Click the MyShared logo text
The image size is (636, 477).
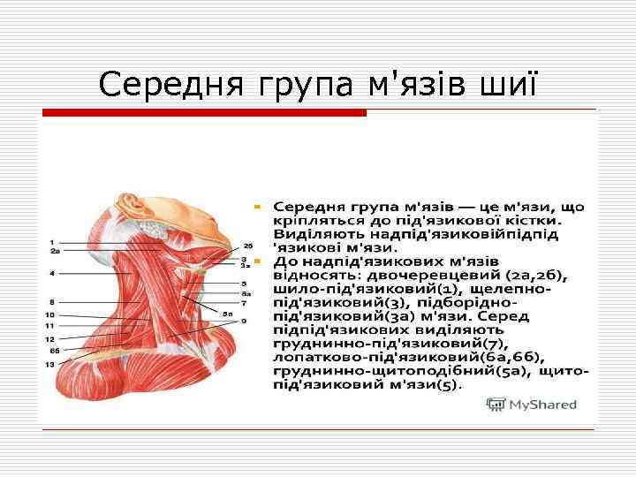coord(541,405)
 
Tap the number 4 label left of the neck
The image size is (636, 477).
coord(52,273)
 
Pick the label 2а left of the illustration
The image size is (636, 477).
coord(55,251)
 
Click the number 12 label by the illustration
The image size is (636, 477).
coord(50,339)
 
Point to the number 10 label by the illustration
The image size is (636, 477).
coord(50,314)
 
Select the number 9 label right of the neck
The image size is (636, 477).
coord(244,321)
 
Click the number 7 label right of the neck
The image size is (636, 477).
coord(244,303)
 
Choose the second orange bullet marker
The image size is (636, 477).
coord(256,262)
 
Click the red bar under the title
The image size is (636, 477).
coord(204,113)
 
